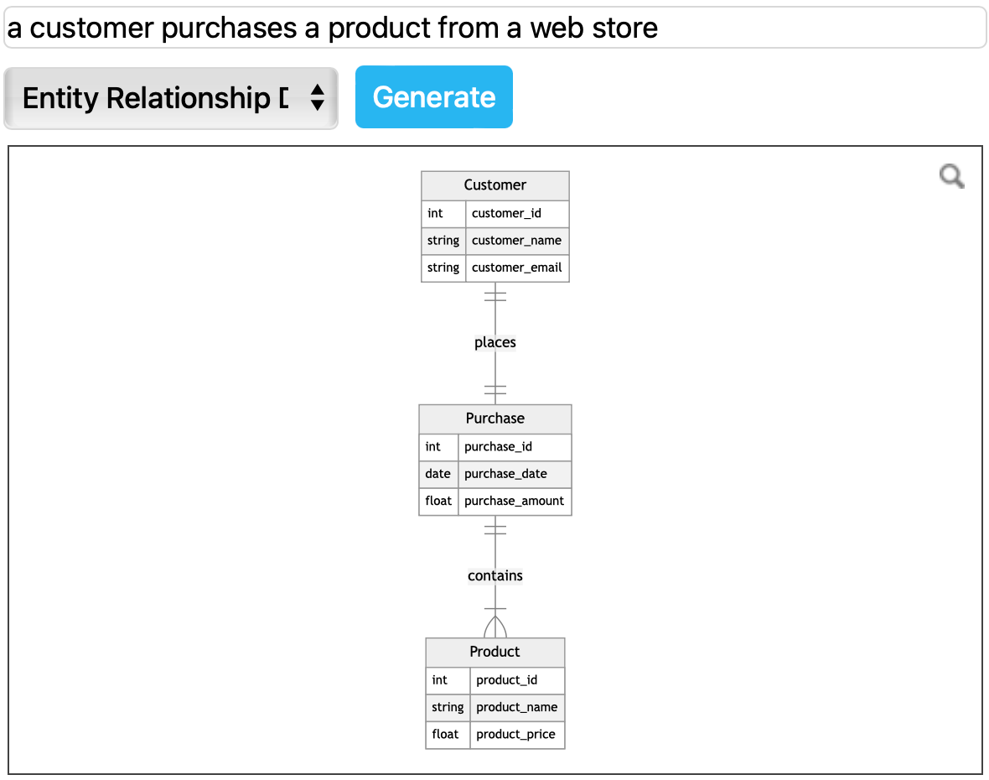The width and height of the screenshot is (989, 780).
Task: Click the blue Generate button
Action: point(433,97)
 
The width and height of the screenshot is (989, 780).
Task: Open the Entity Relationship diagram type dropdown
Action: point(171,98)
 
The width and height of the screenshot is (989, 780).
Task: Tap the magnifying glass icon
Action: point(951,176)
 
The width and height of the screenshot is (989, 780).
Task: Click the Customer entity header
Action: point(495,185)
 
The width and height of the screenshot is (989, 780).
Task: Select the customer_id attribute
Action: point(506,213)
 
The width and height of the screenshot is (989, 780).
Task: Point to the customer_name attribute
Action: point(516,241)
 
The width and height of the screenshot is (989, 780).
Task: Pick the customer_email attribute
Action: point(516,268)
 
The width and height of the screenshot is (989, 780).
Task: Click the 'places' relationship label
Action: point(495,342)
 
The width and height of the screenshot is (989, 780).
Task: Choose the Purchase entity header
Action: point(495,419)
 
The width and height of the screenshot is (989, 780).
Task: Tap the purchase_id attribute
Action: point(498,446)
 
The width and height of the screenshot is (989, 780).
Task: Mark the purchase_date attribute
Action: point(505,474)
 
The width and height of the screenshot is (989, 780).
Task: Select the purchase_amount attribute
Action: point(514,501)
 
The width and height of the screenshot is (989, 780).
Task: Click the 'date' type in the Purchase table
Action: point(438,474)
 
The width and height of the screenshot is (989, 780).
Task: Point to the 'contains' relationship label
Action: point(495,575)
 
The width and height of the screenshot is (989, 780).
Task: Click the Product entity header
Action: point(495,652)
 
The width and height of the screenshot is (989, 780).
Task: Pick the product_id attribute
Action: point(506,679)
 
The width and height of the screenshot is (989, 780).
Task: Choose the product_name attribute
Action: point(516,707)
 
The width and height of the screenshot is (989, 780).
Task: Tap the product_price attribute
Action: point(515,734)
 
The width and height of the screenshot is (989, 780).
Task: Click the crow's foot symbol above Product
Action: point(495,625)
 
